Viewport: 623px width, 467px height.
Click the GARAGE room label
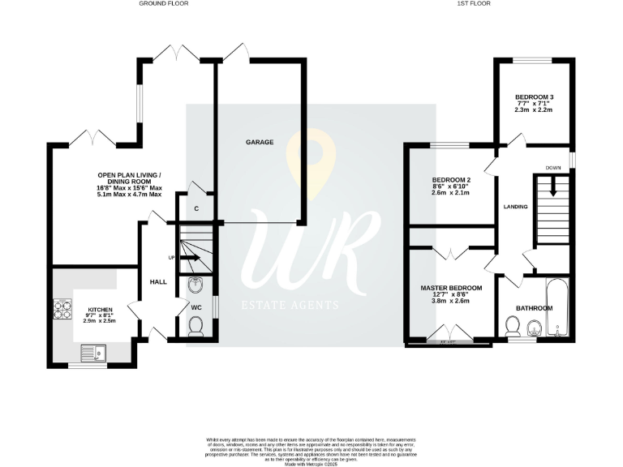[260, 142]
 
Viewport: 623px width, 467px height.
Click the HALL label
[158, 281]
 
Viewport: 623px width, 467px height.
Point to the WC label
[195, 307]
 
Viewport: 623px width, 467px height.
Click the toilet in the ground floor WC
[195, 326]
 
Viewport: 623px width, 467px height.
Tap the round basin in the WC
[195, 285]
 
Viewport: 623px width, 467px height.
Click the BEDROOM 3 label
[533, 97]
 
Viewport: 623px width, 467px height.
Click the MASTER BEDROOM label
[451, 288]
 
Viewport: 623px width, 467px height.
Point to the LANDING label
[515, 207]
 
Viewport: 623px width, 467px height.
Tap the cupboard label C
[197, 208]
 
